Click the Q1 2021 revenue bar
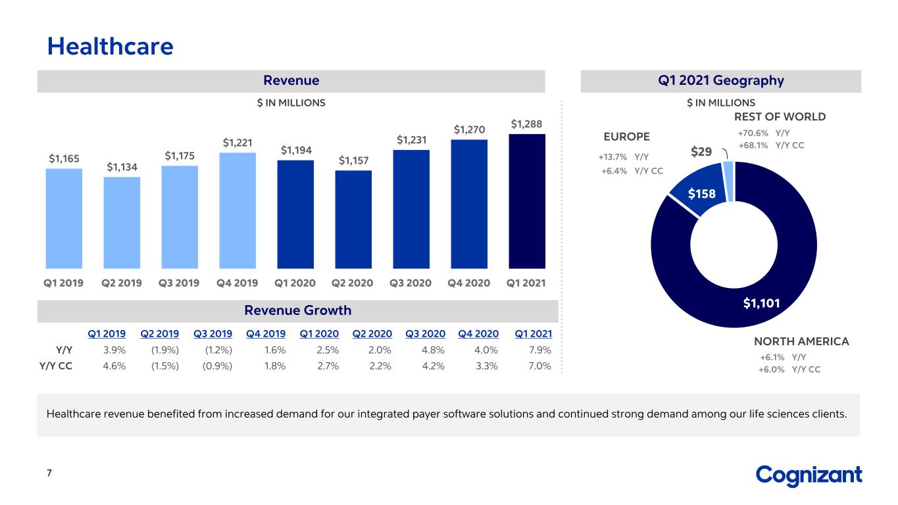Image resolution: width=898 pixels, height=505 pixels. [527, 201]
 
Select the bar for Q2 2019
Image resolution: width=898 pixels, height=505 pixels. [122, 223]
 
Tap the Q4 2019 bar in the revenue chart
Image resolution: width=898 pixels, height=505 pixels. [237, 210]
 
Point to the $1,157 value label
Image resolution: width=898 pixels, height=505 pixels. [353, 160]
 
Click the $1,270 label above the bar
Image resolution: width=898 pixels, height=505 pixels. [470, 130]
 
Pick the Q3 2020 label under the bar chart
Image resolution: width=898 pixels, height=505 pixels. [411, 283]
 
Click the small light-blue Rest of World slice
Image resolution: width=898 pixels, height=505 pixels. [729, 181]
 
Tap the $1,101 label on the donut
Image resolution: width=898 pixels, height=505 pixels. [761, 303]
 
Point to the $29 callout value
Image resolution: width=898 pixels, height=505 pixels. [701, 152]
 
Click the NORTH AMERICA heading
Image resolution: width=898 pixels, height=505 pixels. [801, 341]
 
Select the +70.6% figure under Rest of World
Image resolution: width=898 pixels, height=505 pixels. [753, 133]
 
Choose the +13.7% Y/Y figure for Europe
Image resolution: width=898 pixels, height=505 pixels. [612, 157]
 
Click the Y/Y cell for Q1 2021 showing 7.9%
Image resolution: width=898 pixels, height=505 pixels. [540, 350]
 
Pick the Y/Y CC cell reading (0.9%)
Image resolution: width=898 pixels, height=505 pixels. [217, 366]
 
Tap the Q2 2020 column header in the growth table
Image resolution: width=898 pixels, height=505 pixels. [372, 334]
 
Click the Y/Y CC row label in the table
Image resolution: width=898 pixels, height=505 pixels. [56, 366]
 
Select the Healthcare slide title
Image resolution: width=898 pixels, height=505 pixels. [111, 47]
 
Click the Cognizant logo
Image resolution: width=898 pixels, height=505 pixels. [809, 476]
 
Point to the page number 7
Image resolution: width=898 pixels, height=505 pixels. [49, 473]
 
